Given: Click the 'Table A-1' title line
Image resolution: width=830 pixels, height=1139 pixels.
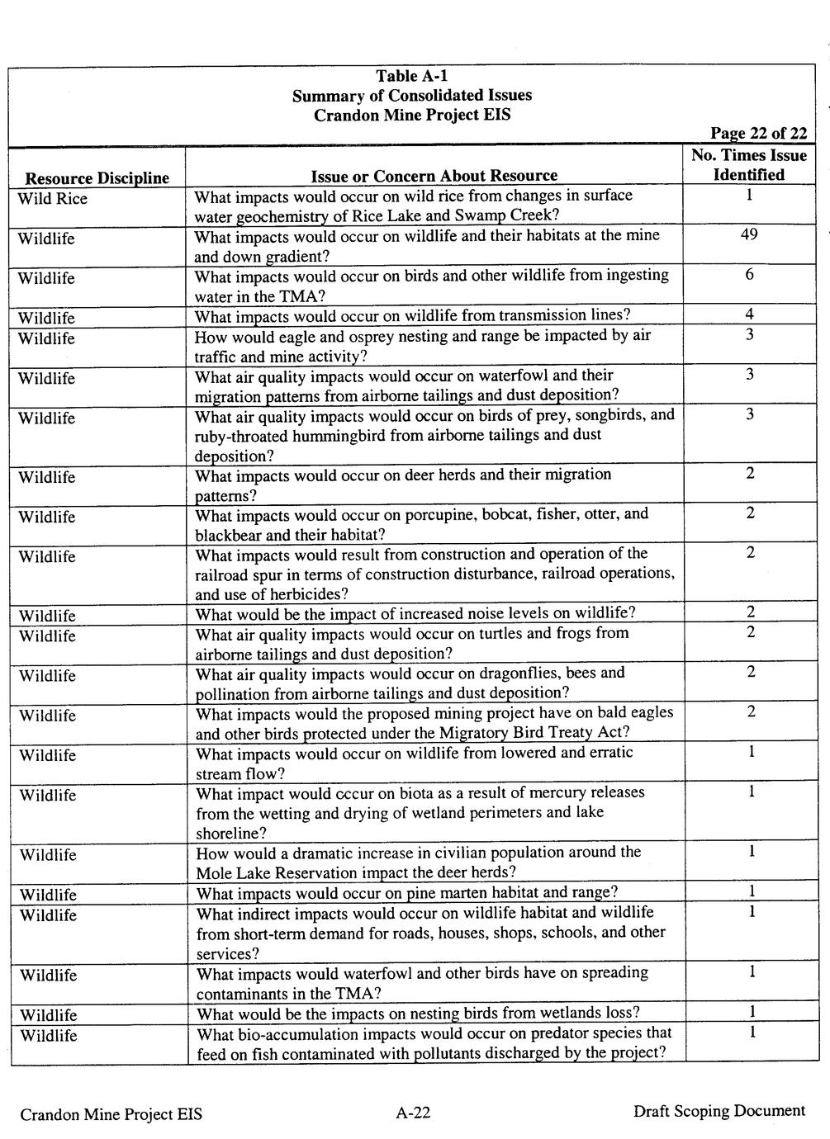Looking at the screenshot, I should [x=412, y=77].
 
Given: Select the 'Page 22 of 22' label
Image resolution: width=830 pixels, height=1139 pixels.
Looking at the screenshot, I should [x=758, y=134].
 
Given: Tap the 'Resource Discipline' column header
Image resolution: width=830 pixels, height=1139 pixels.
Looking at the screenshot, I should [x=97, y=177].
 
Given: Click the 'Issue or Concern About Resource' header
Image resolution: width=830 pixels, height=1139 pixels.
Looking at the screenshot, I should [x=434, y=175].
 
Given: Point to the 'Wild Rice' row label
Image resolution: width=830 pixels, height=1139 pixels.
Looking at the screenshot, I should [x=53, y=199].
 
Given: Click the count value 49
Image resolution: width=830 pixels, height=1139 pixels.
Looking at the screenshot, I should [x=749, y=234].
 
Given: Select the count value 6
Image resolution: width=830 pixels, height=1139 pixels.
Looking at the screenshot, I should [x=749, y=274].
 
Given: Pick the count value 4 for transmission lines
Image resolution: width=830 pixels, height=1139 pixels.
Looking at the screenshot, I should [x=749, y=314].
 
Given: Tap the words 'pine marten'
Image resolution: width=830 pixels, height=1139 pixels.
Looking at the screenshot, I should [x=448, y=892].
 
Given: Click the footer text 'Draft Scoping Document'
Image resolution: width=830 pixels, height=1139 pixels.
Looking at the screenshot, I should [x=719, y=1111].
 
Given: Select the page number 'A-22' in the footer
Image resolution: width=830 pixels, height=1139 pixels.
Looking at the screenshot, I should [x=413, y=1113].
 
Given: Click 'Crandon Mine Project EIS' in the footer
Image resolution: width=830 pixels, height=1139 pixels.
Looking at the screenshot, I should [x=111, y=1114].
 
